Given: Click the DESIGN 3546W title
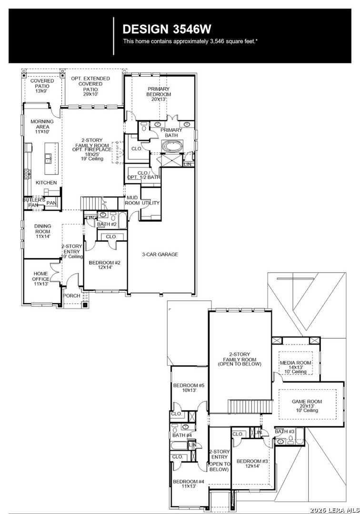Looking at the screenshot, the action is coord(167,29).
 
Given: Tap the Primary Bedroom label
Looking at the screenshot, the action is coord(159,94).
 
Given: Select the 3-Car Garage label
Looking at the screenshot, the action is coord(160,254).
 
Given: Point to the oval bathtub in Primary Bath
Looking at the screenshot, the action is coord(172,146).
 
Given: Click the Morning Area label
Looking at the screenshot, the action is coord(42,127).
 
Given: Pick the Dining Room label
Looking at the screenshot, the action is coord(43,231).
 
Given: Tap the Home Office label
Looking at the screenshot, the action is coord(41,278).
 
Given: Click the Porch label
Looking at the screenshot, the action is coord(72,296).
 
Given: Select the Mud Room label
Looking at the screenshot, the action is coord(132,200).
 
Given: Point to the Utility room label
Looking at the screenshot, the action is coord(150,203).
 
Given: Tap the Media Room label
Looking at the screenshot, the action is coord(295,367).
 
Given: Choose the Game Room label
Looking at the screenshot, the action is coord(307,406).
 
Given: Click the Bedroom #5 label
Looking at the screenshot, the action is coord(189,388).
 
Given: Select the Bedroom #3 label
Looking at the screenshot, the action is coord(252,464).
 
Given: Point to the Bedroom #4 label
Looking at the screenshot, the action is coord(189,484).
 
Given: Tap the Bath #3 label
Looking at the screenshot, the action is coord(285,431).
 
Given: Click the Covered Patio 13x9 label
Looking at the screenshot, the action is coord(42,86).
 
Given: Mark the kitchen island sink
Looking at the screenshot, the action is coord(48,158).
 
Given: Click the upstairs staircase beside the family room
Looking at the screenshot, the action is coord(251,407).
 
